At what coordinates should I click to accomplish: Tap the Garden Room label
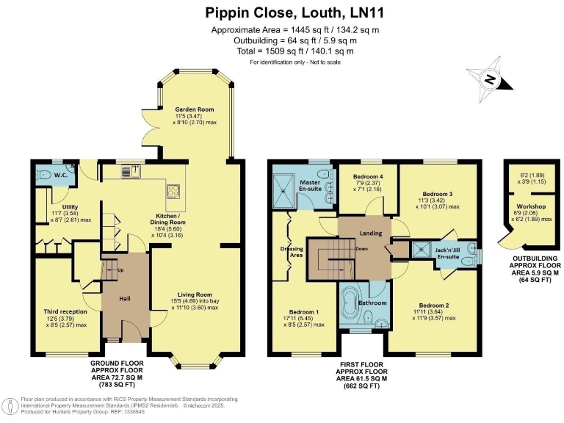coord(195,109)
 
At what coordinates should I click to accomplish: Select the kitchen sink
coord(131,171)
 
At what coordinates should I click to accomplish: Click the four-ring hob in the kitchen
coord(173,191)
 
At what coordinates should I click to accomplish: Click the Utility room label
coord(70,207)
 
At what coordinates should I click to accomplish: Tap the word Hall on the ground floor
coord(125,299)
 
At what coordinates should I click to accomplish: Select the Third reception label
coord(65,311)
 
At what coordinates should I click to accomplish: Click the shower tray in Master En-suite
coord(284,192)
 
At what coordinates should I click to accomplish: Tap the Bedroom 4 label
coord(368,176)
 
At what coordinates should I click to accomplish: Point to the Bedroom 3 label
coord(438,194)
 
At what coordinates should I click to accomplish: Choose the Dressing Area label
coord(292,252)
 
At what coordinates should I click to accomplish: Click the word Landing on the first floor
coord(371,233)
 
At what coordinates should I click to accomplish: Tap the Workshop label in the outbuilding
coord(531,206)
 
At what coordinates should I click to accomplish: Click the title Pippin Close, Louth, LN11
coord(294,12)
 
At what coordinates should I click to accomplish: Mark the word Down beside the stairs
coord(361,248)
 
